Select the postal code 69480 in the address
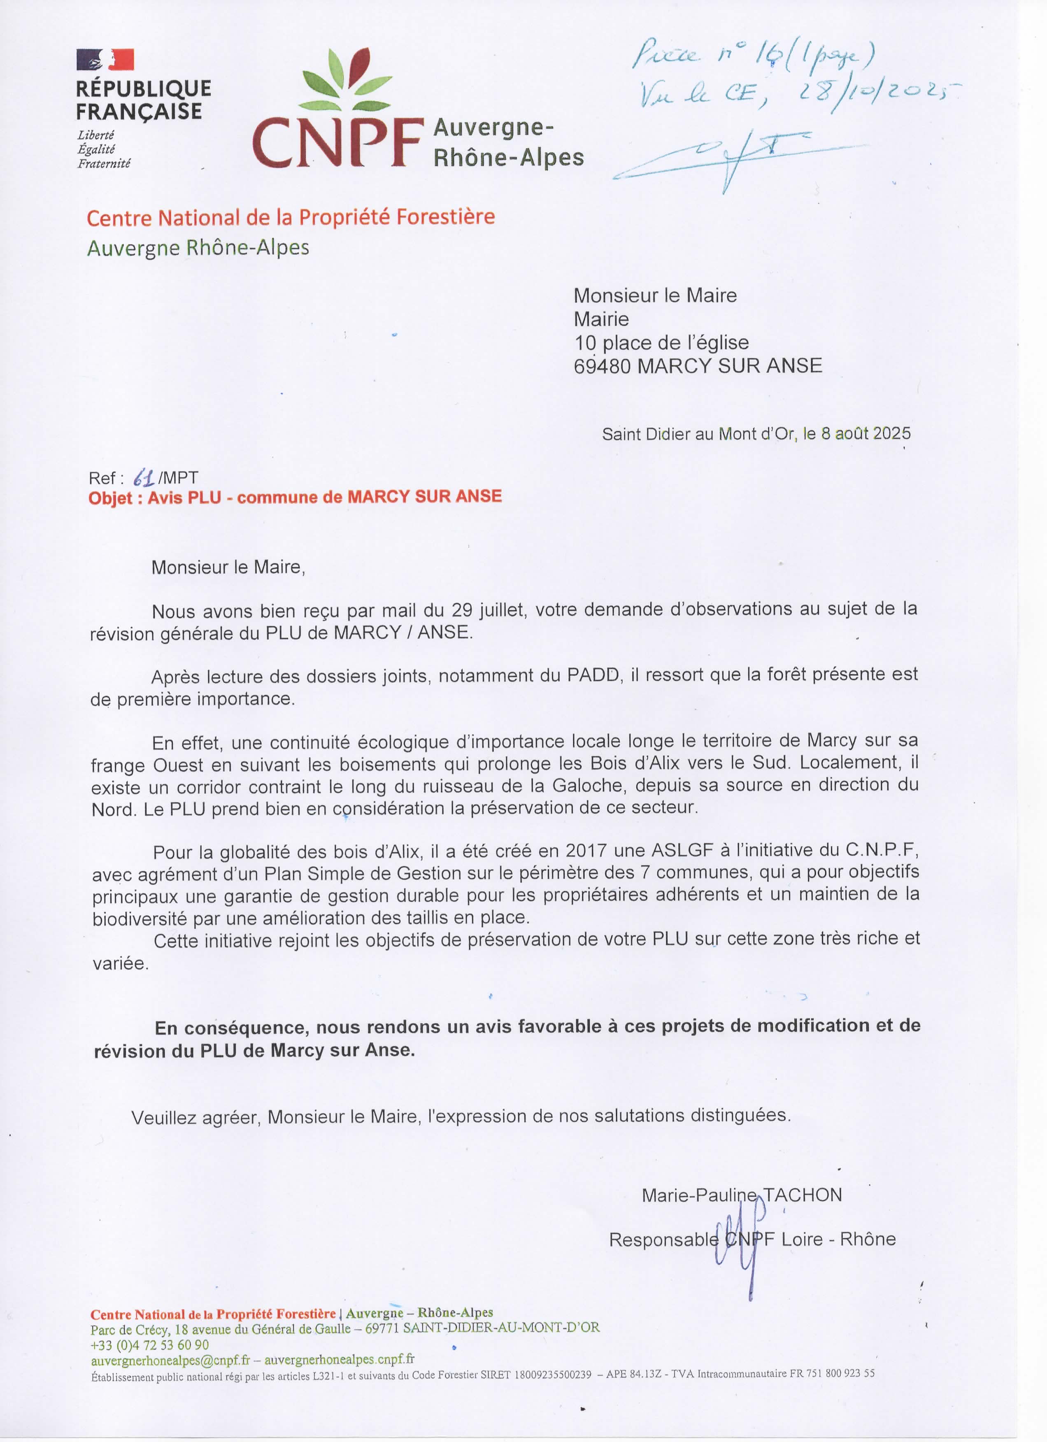602,365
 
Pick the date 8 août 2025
865,434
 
